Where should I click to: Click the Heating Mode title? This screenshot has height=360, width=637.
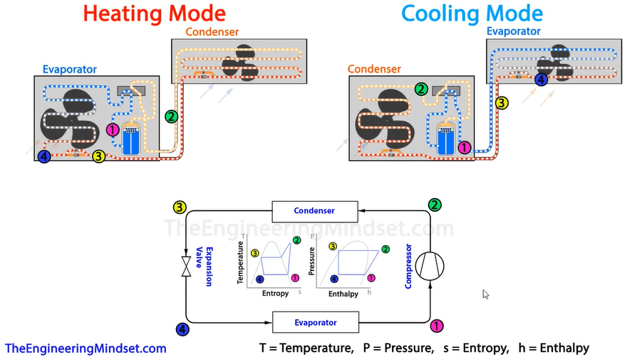click(155, 14)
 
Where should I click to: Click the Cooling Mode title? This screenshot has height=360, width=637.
click(472, 14)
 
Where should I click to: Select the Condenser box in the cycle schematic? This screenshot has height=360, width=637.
click(314, 210)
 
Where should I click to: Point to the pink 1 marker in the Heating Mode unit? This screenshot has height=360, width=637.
click(113, 130)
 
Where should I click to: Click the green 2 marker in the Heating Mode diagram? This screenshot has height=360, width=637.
click(170, 115)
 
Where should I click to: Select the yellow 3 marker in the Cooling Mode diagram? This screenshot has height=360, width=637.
click(502, 103)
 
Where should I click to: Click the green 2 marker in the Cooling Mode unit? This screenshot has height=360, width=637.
click(421, 89)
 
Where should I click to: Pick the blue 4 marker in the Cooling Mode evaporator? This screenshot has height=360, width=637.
click(542, 80)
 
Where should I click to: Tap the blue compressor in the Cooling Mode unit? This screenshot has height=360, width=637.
click(445, 138)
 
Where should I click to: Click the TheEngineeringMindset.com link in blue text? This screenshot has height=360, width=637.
click(86, 349)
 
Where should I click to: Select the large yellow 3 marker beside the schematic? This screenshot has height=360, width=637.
click(180, 207)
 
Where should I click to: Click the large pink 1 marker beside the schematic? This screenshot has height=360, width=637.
click(437, 326)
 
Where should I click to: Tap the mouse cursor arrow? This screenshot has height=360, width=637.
click(485, 294)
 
